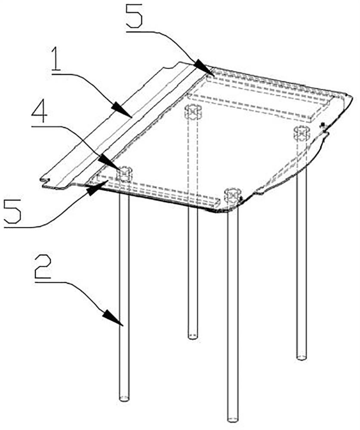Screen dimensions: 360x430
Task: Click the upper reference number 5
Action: point(134,15)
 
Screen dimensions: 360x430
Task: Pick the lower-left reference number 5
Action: point(12,212)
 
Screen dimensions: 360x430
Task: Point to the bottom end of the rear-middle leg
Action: point(193,336)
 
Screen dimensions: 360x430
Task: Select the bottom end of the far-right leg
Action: point(301,357)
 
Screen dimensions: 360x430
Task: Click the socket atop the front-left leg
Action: point(124,174)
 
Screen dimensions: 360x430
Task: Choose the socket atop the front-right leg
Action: point(233,196)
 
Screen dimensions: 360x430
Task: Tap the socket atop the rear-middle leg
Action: point(194,112)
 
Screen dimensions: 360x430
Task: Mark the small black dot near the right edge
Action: point(323,125)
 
